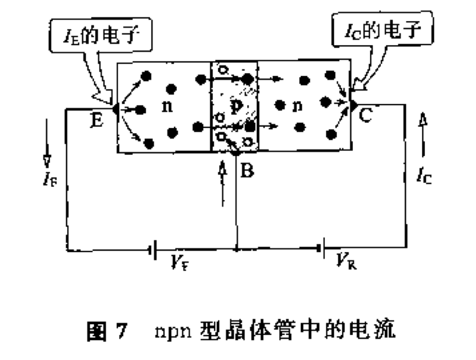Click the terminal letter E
pos(97,121)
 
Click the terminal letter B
pos(247,171)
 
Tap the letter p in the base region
pos(235,108)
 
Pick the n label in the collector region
pos(297,106)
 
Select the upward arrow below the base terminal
pos(222,181)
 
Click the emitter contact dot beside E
pos(116,109)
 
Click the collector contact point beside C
pos(353,104)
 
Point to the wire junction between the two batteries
pos(236,249)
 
